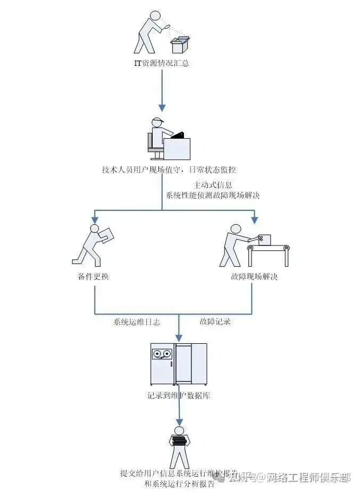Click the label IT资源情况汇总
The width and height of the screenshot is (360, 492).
tap(162, 64)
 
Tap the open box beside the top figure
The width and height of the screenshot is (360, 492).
tap(179, 46)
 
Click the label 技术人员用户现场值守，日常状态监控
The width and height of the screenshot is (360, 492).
tap(169, 171)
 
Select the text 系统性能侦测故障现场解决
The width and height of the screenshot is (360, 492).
tap(212, 195)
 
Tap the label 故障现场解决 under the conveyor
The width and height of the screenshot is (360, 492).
tap(254, 277)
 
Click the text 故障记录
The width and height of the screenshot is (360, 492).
tap(215, 322)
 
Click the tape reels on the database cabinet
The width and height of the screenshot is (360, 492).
tap(162, 353)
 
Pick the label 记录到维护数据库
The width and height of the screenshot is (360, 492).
tap(179, 396)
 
